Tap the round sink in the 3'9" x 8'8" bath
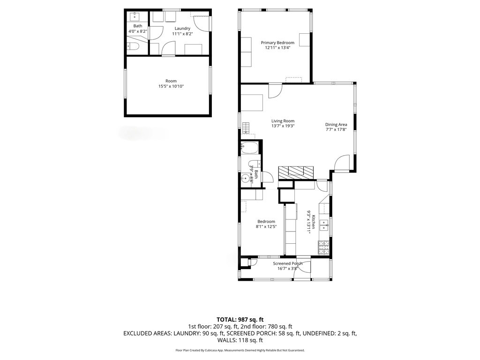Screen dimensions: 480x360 (245, 178)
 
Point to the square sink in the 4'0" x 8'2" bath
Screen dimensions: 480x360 (135, 16)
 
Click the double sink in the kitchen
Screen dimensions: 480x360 (324, 225)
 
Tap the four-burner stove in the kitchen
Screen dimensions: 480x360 (324, 247)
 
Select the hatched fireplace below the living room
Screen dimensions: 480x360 (296, 172)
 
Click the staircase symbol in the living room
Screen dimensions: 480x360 (246, 127)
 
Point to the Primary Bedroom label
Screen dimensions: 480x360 (277, 43)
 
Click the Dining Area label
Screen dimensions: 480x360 (336, 125)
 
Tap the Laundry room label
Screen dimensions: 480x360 (182, 29)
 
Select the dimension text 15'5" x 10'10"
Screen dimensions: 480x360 (171, 86)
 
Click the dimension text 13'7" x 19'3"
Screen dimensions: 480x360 (283, 126)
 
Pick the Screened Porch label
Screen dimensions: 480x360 (288, 263)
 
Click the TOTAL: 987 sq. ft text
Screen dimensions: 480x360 (240, 320)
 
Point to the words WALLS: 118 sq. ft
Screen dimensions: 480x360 (240, 340)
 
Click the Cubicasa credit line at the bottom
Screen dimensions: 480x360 (240, 350)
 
